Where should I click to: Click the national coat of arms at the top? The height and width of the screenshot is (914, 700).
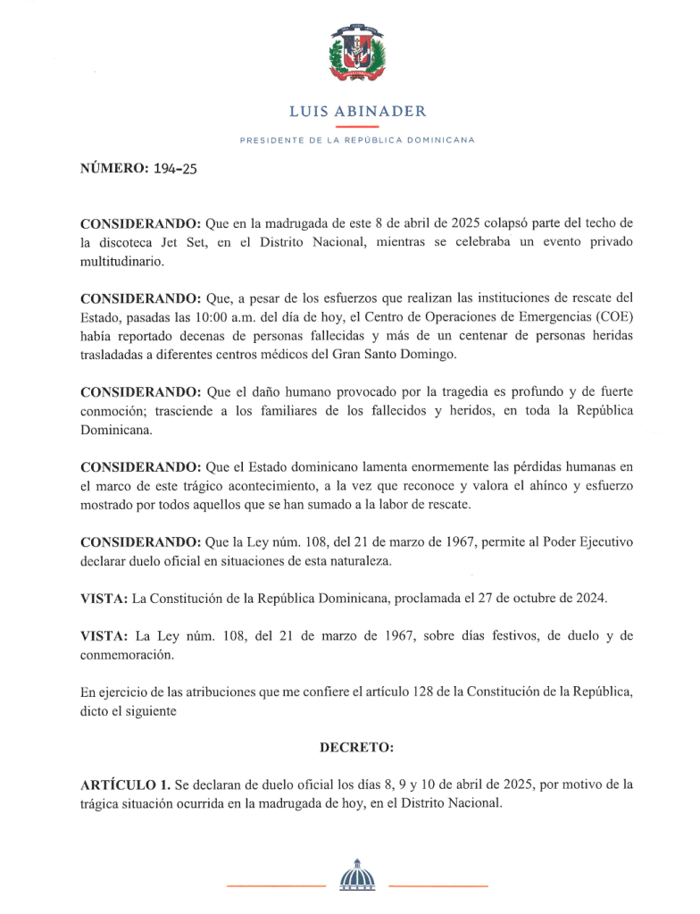(357, 53)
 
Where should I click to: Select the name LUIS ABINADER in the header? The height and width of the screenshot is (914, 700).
(357, 112)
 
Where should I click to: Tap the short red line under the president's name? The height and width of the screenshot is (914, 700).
(357, 127)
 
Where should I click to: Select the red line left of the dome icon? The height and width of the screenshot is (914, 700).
(276, 885)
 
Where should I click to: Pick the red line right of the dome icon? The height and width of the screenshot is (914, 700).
(438, 885)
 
